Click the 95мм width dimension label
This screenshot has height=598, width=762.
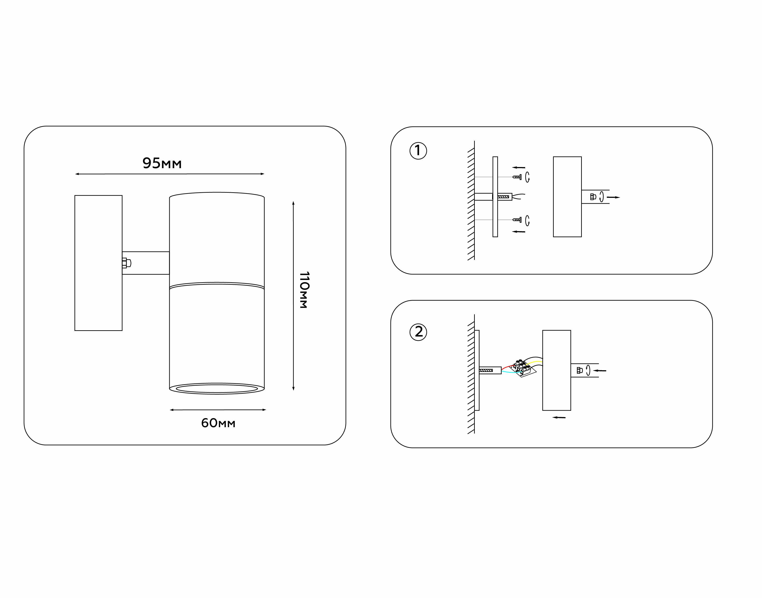coord(162,163)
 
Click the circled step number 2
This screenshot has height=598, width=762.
coord(418,332)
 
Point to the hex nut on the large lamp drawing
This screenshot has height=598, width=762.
coord(126,263)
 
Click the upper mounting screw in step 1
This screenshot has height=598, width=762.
coord(517,177)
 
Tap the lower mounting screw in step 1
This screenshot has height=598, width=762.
coord(517,220)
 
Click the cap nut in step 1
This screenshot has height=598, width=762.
coord(593,197)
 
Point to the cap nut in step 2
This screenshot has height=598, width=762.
coord(579,370)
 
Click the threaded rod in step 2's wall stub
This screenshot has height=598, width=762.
coord(486,370)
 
